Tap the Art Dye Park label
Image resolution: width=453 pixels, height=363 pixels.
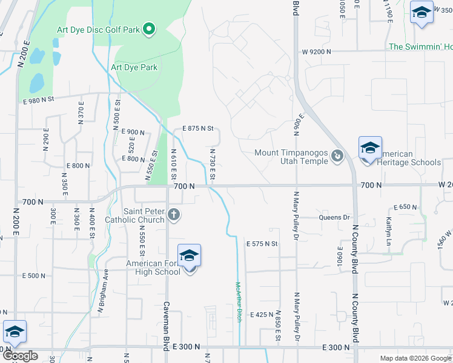[134, 67]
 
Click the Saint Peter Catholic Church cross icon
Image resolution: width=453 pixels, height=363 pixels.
[173, 214]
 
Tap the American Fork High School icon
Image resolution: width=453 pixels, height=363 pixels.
[190, 256]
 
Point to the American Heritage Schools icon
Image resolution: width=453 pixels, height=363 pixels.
[370, 148]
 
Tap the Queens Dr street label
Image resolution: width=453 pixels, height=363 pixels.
[339, 217]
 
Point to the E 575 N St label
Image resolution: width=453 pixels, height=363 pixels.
[261, 244]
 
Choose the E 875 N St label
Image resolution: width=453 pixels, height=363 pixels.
[199, 128]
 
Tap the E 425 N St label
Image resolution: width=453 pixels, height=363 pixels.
[262, 315]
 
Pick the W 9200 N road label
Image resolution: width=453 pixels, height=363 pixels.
[316, 52]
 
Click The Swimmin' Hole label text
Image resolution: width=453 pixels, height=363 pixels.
[420, 47]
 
